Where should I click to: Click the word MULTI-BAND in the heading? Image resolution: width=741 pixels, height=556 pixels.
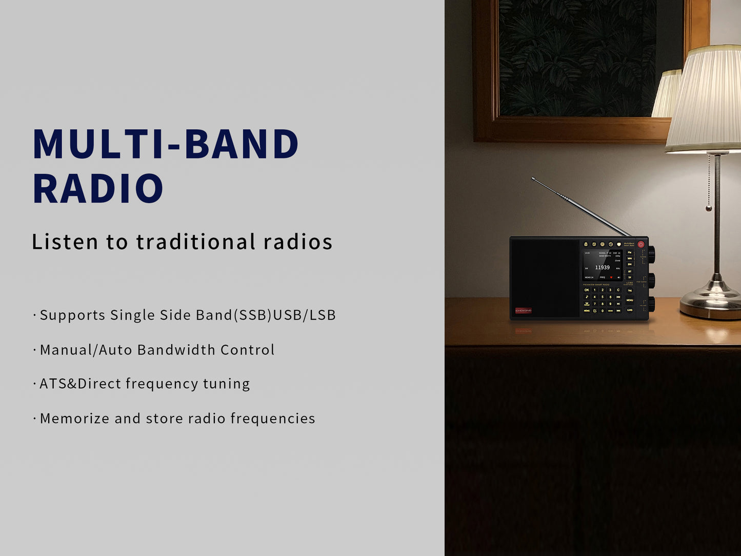click(165, 144)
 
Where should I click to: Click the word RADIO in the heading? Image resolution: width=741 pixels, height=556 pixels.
click(97, 189)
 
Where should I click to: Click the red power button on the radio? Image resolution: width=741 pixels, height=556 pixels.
click(640, 245)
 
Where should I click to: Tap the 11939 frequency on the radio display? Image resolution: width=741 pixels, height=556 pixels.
click(602, 267)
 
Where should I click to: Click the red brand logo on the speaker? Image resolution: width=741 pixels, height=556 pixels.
click(523, 310)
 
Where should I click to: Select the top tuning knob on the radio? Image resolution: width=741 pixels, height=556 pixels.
click(651, 253)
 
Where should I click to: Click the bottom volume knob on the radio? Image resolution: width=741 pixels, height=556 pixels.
click(651, 304)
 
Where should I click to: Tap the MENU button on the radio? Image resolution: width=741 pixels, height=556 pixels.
click(630, 301)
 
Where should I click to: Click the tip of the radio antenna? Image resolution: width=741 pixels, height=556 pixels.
click(533, 178)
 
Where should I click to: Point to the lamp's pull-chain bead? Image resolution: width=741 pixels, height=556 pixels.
click(709, 208)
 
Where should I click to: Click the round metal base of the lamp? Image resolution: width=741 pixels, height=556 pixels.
click(711, 307)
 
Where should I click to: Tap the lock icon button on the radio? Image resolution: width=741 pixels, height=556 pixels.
click(586, 244)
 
